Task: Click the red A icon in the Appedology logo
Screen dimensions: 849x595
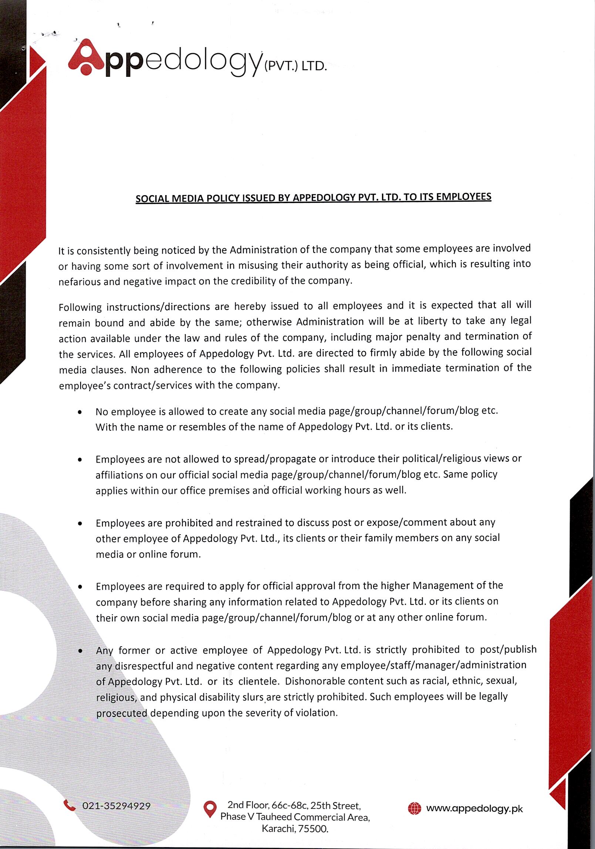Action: (86, 57)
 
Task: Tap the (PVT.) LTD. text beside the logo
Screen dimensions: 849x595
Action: (295, 66)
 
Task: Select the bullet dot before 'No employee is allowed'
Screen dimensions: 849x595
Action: (80, 412)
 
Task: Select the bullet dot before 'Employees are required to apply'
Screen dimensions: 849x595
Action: (80, 587)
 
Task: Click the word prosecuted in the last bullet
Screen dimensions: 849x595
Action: (122, 713)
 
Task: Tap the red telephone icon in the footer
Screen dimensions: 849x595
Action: (69, 805)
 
